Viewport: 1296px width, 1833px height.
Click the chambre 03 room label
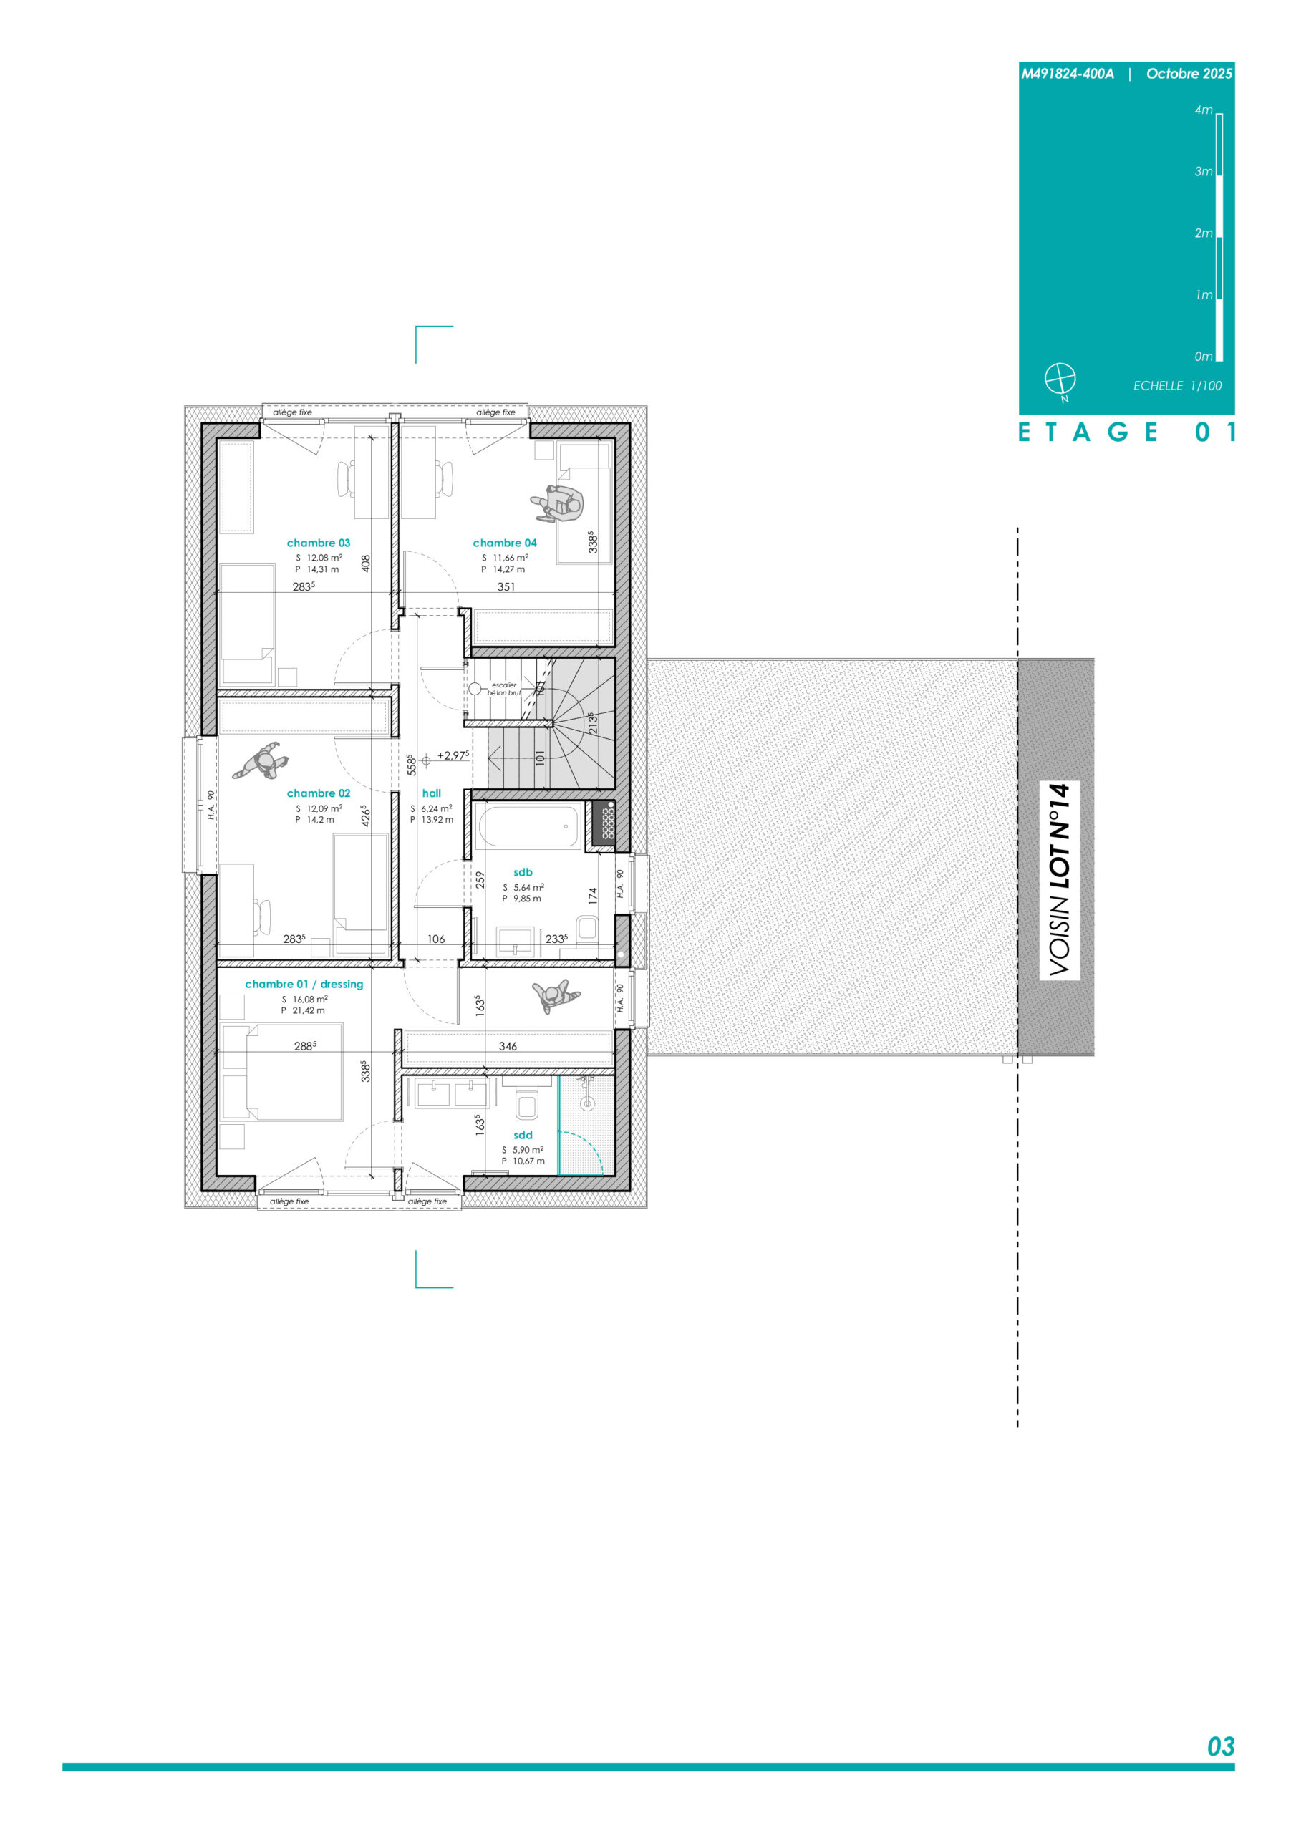pyautogui.click(x=318, y=543)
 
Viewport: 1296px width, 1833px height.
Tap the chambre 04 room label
pyautogui.click(x=505, y=543)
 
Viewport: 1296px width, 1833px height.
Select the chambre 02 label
pyautogui.click(x=318, y=793)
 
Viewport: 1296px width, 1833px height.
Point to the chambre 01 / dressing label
pyautogui.click(x=304, y=984)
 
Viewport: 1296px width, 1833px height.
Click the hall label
pyautogui.click(x=431, y=793)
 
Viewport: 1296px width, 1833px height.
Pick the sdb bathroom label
pyautogui.click(x=523, y=872)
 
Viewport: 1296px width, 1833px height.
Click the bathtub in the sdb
pyautogui.click(x=528, y=826)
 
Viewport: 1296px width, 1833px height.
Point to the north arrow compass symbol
pyautogui.click(x=1060, y=379)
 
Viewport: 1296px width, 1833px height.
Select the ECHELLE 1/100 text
pyautogui.click(x=1177, y=386)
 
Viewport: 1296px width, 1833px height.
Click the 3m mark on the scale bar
pyautogui.click(x=1204, y=172)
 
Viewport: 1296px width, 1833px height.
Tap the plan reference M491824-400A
pyautogui.click(x=1068, y=74)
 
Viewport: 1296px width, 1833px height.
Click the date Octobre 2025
pyautogui.click(x=1189, y=74)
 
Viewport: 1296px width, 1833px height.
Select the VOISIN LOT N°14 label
pyautogui.click(x=1059, y=879)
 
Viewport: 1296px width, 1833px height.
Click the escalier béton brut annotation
pyautogui.click(x=504, y=688)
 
